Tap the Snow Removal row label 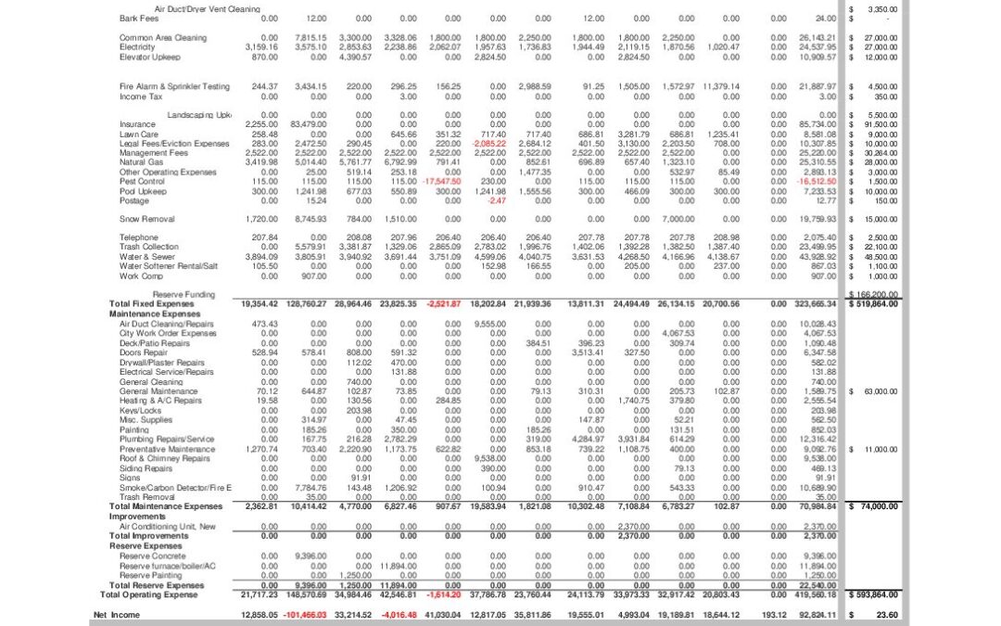146,219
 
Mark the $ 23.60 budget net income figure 885,615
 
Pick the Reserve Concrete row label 153,556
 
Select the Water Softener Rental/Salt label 170,266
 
